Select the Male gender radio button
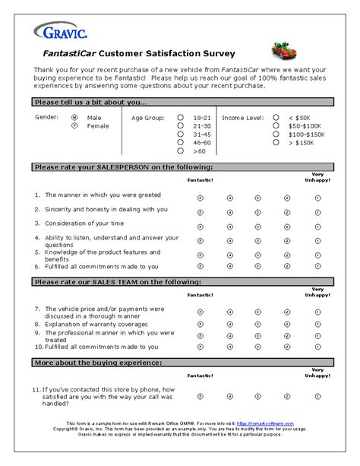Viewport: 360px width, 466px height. point(74,118)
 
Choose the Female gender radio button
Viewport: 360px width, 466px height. point(74,126)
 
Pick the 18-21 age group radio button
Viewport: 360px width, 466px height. point(180,118)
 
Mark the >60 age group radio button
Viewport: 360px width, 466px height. point(180,151)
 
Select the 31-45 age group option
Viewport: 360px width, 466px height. point(180,135)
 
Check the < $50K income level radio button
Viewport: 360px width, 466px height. point(276,118)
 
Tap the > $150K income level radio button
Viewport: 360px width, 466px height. point(276,143)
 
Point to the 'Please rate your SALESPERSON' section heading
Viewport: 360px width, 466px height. point(122,166)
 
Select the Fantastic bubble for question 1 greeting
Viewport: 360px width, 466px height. point(201,196)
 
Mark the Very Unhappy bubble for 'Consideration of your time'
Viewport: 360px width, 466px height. point(317,226)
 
